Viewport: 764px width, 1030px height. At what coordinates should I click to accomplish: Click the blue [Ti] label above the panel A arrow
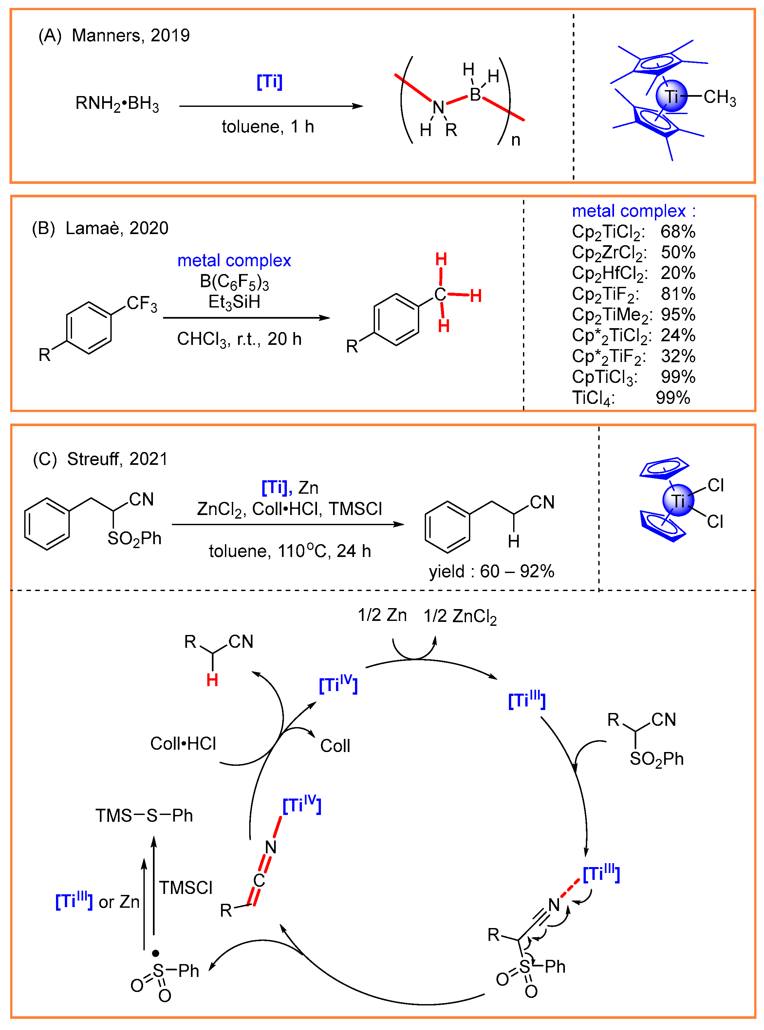[269, 82]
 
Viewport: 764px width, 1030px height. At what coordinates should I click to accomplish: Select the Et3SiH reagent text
[234, 302]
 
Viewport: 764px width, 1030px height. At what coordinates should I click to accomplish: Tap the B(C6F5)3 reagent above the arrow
[234, 282]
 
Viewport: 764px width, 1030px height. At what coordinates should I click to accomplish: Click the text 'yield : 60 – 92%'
[491, 571]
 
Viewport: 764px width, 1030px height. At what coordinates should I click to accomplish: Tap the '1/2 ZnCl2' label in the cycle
[460, 616]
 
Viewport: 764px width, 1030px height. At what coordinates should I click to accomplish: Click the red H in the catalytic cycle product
[212, 680]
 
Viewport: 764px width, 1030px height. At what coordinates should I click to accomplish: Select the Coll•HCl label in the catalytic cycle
[183, 743]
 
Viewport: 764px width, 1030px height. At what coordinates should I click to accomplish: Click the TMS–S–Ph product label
[144, 816]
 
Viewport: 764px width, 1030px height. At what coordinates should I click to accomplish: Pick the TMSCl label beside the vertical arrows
[185, 888]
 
